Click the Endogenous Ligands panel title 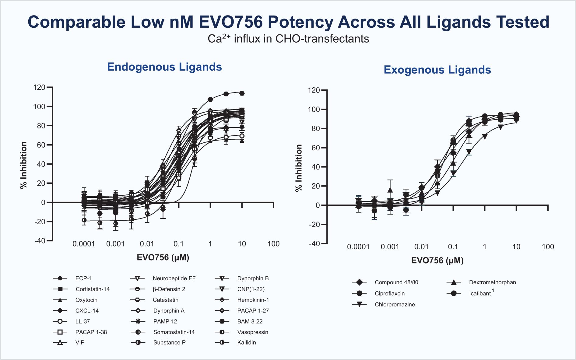point(164,67)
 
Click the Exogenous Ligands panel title point(437,70)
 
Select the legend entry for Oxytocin point(86,300)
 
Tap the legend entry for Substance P point(169,343)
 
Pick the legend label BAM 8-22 point(250,321)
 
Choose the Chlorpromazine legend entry point(395,305)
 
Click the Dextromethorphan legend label point(492,282)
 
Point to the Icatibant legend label point(480,294)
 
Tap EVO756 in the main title point(230,22)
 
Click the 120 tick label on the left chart point(39,88)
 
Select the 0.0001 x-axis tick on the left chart point(84,244)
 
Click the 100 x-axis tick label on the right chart point(548,247)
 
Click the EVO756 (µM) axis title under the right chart point(437,260)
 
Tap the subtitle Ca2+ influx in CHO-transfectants point(288,39)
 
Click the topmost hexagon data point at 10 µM point(242,93)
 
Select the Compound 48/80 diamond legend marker point(359,282)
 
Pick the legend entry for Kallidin point(246,343)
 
